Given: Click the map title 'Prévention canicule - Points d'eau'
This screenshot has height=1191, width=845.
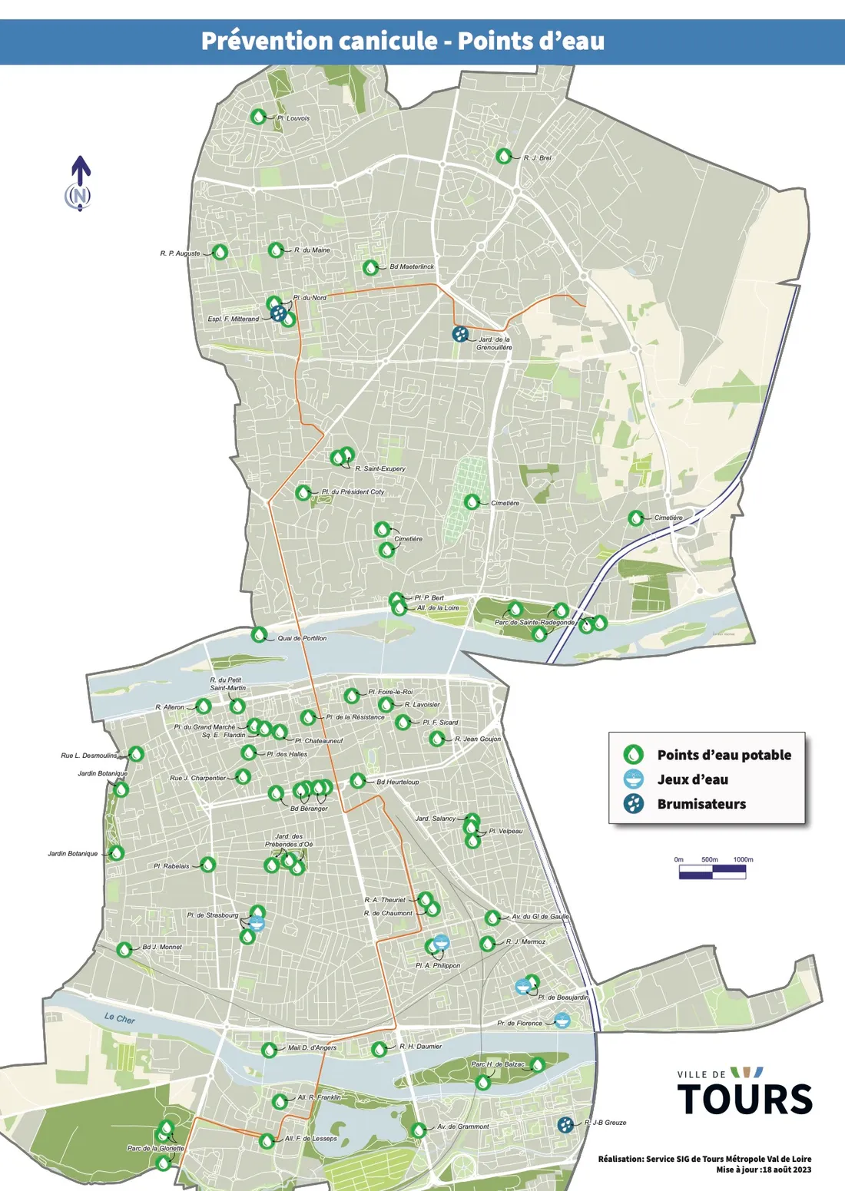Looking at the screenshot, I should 403,41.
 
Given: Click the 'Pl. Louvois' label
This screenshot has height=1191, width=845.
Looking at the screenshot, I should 293,118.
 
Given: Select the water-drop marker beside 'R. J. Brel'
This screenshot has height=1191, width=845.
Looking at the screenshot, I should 503,156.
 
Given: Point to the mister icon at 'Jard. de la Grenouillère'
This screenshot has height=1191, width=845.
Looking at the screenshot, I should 460,334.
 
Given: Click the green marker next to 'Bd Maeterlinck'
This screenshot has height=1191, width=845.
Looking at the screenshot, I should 371,267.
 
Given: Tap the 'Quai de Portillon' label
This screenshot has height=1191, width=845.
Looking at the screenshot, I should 302,638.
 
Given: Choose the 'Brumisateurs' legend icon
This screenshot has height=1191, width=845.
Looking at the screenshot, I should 633,804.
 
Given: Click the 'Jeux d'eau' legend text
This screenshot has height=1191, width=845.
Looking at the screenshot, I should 692,779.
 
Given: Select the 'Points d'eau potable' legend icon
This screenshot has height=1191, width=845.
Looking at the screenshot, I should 633,754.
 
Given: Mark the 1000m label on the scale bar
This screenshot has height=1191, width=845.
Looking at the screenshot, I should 743,859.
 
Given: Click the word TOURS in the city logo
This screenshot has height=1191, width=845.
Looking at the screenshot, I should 744,1100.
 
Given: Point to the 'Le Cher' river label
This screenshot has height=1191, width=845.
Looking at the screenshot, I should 120,1018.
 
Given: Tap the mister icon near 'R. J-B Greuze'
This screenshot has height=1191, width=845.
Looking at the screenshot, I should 566,1124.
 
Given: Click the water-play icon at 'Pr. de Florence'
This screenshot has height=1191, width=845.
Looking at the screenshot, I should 562,1021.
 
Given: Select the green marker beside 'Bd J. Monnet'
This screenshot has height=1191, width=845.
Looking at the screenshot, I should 124,949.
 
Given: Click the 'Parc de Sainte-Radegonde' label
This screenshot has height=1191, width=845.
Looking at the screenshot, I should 534,622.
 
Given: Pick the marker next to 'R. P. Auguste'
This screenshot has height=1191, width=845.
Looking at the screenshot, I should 220,252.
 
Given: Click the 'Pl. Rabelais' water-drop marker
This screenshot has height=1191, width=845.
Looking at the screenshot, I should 207,865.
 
